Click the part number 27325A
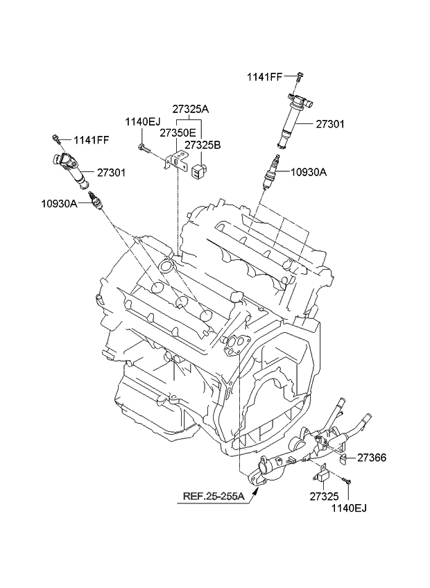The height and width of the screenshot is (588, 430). [190, 109]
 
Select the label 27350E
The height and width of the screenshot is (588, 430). [177, 132]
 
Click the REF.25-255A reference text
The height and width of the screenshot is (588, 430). [213, 496]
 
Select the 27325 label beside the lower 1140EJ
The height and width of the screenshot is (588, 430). [323, 497]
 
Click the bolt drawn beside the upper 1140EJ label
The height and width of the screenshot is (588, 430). [143, 147]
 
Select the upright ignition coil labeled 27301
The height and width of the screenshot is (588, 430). [293, 116]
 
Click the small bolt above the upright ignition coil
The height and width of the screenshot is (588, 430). [298, 77]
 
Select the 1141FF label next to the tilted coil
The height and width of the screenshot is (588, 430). [89, 140]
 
